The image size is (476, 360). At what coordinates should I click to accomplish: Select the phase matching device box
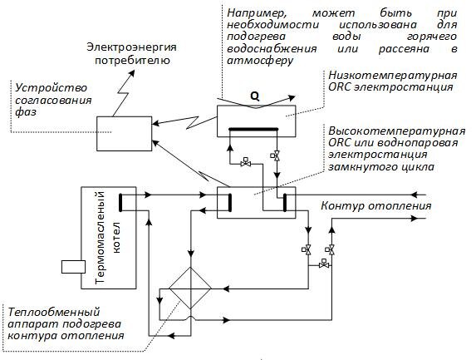[x=121, y=134]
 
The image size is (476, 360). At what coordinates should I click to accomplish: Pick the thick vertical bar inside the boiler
[x=121, y=202]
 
